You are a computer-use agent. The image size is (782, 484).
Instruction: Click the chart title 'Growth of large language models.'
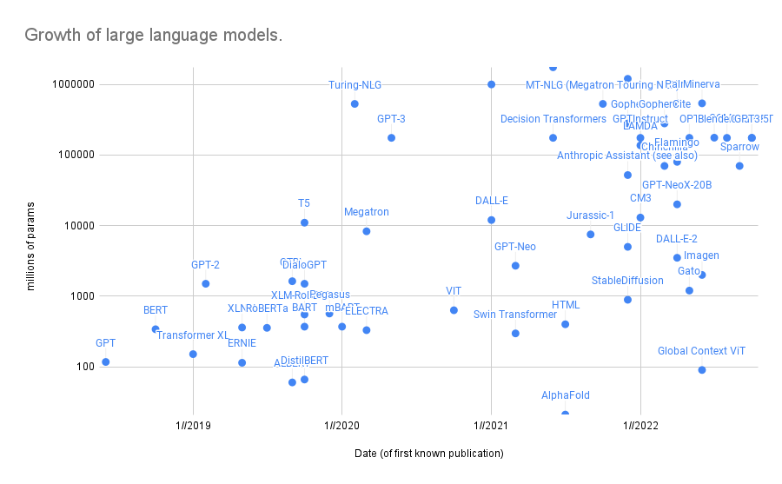click(x=153, y=36)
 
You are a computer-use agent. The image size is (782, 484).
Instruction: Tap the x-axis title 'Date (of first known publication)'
click(x=429, y=454)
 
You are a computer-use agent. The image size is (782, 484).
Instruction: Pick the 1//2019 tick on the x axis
click(x=193, y=426)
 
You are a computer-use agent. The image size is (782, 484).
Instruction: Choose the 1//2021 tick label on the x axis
click(x=491, y=426)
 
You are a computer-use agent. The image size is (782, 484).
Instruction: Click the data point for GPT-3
click(x=391, y=137)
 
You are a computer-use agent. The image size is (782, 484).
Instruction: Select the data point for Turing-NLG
click(x=355, y=103)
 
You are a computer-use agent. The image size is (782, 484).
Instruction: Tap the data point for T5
click(x=304, y=222)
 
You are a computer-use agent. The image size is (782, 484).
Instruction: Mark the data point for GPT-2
click(x=206, y=283)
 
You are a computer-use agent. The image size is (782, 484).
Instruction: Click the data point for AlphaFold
click(x=566, y=414)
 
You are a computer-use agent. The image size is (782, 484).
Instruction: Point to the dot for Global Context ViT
click(x=702, y=370)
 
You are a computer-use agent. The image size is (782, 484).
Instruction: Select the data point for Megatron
click(x=367, y=231)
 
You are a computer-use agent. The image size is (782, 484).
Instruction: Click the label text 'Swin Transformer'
click(x=515, y=315)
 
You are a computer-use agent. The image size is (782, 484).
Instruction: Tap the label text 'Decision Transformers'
click(x=553, y=119)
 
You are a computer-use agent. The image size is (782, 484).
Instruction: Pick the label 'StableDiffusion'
click(x=627, y=281)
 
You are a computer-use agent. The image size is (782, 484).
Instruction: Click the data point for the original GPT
click(x=106, y=361)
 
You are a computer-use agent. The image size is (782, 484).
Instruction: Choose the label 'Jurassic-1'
click(x=590, y=215)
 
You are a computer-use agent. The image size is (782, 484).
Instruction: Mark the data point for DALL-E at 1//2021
click(x=491, y=220)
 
